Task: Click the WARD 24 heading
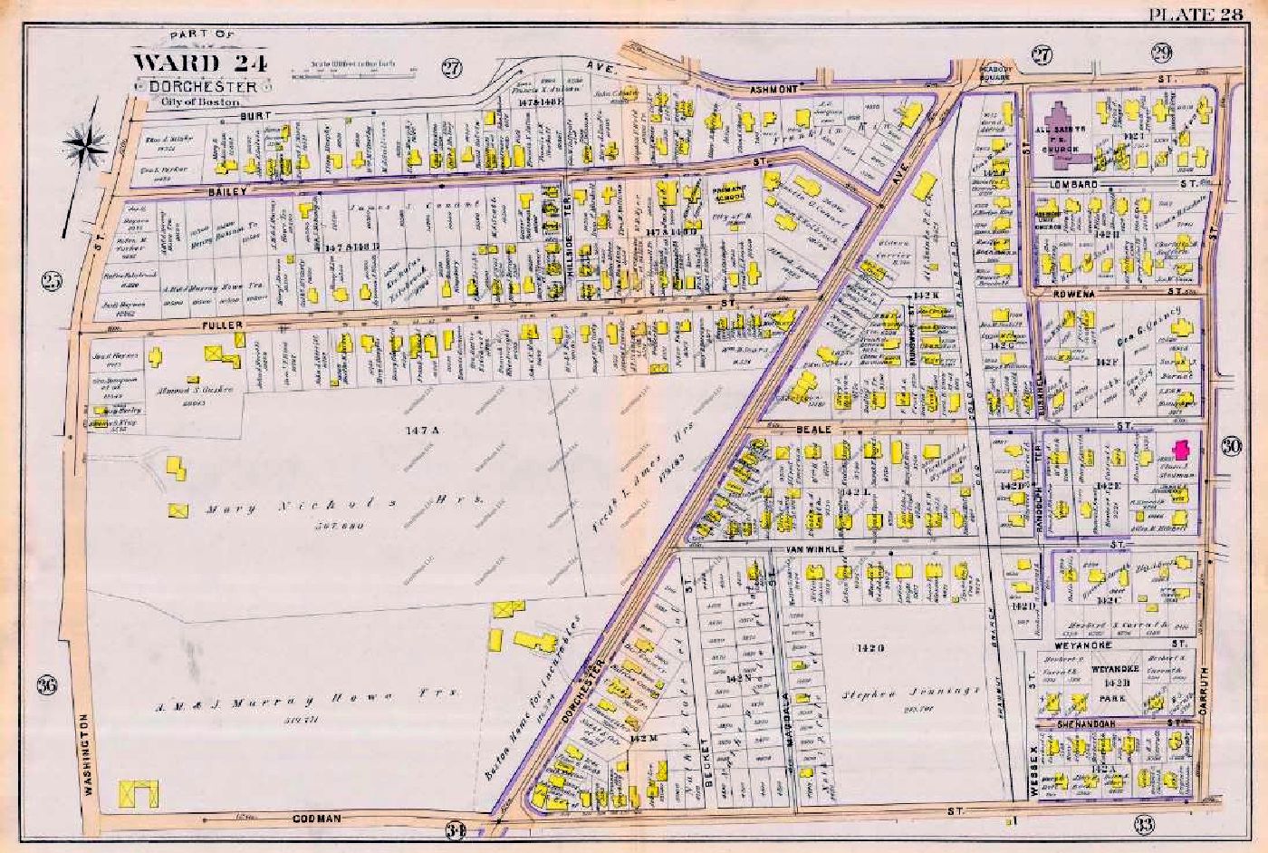[189, 63]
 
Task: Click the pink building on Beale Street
[1179, 451]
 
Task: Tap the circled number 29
[1161, 53]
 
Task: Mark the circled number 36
[47, 685]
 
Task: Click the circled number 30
[1230, 444]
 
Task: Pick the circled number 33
[1144, 823]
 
